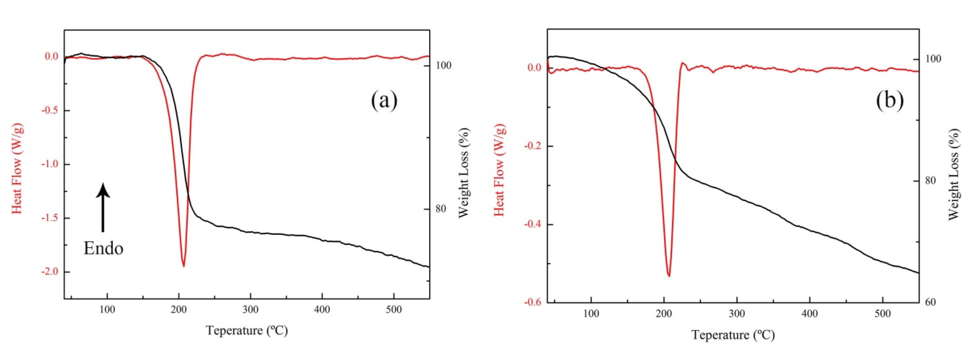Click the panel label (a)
point(384,101)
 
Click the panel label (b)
point(890,101)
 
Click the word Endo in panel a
point(103,248)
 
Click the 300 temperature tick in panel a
point(250,310)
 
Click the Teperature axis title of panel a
point(247,331)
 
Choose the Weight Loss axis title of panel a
point(464,173)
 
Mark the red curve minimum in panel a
point(184,266)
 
